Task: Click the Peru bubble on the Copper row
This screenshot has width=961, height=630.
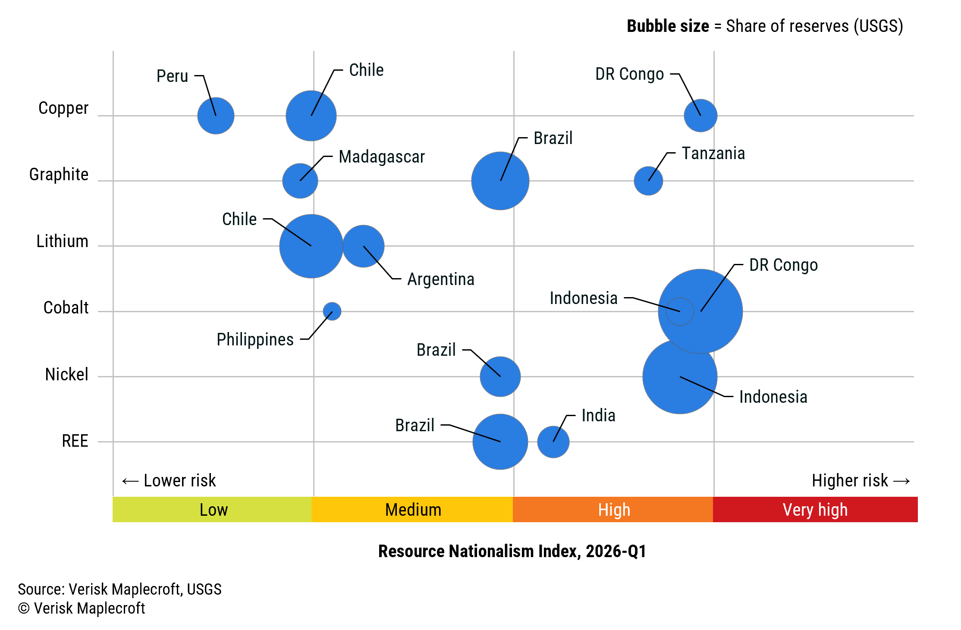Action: click(x=216, y=116)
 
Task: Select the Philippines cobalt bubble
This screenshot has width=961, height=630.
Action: click(x=332, y=311)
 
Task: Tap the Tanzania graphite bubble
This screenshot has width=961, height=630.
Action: click(x=648, y=181)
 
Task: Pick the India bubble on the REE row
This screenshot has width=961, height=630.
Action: click(x=553, y=442)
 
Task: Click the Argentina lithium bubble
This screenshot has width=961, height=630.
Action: click(x=364, y=246)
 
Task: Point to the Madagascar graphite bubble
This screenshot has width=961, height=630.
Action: click(x=300, y=181)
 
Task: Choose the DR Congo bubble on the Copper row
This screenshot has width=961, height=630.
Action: click(x=700, y=116)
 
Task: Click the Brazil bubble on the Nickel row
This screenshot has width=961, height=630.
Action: click(x=500, y=376)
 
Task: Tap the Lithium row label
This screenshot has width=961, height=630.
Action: click(x=62, y=241)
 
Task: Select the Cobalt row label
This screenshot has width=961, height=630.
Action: click(x=66, y=307)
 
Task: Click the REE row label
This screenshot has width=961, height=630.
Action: click(x=75, y=441)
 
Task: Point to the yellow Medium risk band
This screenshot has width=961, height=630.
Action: click(x=412, y=510)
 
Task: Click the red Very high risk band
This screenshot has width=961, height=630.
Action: click(x=815, y=510)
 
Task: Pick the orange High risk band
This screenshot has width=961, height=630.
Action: click(x=613, y=510)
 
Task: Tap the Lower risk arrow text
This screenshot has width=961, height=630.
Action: click(x=169, y=480)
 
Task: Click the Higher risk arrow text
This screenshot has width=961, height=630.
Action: click(x=861, y=480)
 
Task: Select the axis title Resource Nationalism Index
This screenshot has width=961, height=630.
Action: click(x=512, y=551)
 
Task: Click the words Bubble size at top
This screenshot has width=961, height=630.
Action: click(x=667, y=26)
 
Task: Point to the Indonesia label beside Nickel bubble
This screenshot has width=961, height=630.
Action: click(x=773, y=397)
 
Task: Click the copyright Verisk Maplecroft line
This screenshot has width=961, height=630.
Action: click(x=82, y=608)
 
